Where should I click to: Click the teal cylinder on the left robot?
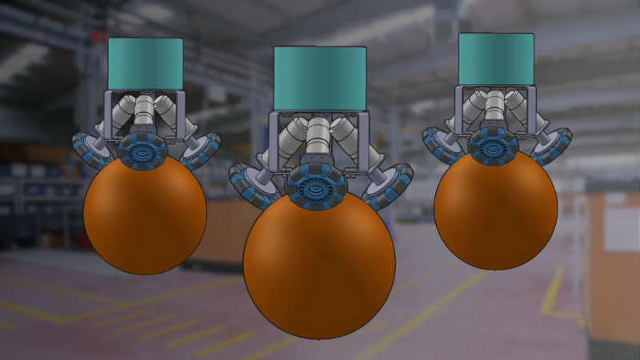146,63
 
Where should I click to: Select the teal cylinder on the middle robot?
320,77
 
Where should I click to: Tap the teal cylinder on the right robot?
496,58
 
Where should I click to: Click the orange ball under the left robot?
145,212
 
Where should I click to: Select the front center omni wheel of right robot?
492,144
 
